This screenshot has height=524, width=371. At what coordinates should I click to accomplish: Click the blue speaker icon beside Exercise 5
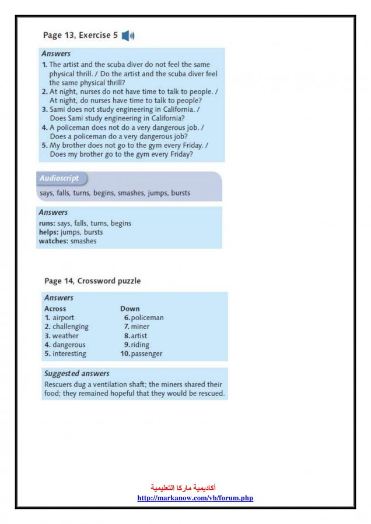coord(128,36)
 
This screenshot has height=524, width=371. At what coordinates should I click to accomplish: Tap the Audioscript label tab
coord(60,178)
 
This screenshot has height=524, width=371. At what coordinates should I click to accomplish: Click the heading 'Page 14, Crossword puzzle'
coord(92,281)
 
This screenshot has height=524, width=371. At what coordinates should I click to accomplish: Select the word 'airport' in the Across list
coord(63,318)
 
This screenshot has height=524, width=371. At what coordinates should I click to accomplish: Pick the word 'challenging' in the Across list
coord(70,327)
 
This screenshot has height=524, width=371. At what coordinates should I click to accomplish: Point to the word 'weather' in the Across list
coord(65,336)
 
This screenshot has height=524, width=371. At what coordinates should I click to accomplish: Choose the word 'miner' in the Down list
coord(140,327)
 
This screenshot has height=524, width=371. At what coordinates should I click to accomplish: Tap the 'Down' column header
coord(130,309)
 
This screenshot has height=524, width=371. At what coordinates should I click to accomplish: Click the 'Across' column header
coord(55,309)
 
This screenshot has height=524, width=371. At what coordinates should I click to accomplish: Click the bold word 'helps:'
coord(48,232)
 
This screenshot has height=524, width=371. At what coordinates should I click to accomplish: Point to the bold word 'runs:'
coord(47,223)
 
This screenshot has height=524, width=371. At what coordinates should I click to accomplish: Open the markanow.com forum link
coord(195,498)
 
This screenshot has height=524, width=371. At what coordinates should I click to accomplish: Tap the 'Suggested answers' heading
coord(76,373)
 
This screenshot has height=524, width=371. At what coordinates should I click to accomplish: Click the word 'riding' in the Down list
coord(140,345)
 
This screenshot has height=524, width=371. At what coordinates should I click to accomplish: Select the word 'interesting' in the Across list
coord(69,353)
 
